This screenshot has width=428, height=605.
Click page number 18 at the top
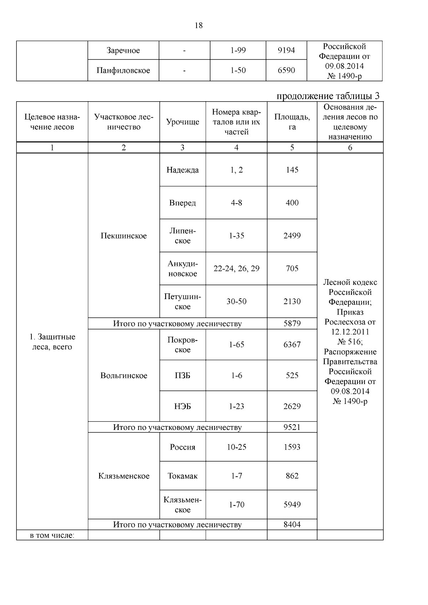click(199, 26)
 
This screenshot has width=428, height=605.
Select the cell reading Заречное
click(123, 51)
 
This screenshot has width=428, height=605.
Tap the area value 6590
click(286, 71)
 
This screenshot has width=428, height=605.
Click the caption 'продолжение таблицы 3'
click(328, 96)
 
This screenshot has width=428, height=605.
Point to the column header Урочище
click(182, 122)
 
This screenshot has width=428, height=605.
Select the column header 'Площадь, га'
click(292, 122)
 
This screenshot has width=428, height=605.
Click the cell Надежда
click(182, 170)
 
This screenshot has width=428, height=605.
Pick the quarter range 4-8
click(236, 203)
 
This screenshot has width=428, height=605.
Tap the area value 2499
click(292, 236)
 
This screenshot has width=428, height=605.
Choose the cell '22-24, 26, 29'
click(236, 268)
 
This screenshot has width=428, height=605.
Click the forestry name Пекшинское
click(123, 236)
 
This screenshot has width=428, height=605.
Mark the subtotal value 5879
click(292, 324)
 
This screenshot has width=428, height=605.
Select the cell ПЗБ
click(182, 375)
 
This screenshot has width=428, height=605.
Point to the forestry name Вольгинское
click(123, 376)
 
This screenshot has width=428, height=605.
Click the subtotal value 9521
click(292, 427)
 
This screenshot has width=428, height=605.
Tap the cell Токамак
click(182, 476)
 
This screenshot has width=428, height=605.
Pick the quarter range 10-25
click(236, 447)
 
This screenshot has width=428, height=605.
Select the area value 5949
click(292, 504)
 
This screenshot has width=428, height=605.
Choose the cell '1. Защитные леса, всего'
click(52, 342)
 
